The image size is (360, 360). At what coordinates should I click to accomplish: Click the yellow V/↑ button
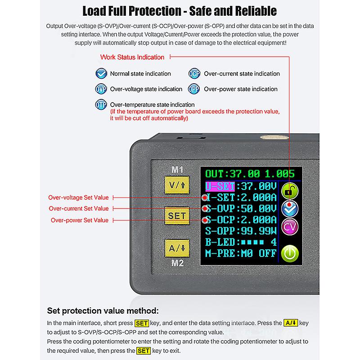pos(176,186)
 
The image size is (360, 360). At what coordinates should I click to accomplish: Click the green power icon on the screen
pos(290,253)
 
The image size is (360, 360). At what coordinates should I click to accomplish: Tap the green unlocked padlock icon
pos(290,191)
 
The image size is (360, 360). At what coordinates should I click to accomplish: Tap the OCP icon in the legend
pos(194,74)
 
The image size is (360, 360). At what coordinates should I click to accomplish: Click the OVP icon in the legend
pos(101,89)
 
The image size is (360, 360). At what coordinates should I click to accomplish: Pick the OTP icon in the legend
pos(101,104)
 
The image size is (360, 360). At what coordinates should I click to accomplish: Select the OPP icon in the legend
pos(194,89)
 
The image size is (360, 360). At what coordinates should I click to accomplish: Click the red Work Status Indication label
pos(132,57)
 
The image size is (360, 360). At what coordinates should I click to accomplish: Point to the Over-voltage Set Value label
pos(78,198)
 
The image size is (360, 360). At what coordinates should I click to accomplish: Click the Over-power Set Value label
pos(79,220)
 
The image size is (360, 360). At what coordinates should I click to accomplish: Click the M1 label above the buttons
pos(176,170)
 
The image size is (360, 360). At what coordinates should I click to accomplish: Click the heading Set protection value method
pos(103,311)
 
